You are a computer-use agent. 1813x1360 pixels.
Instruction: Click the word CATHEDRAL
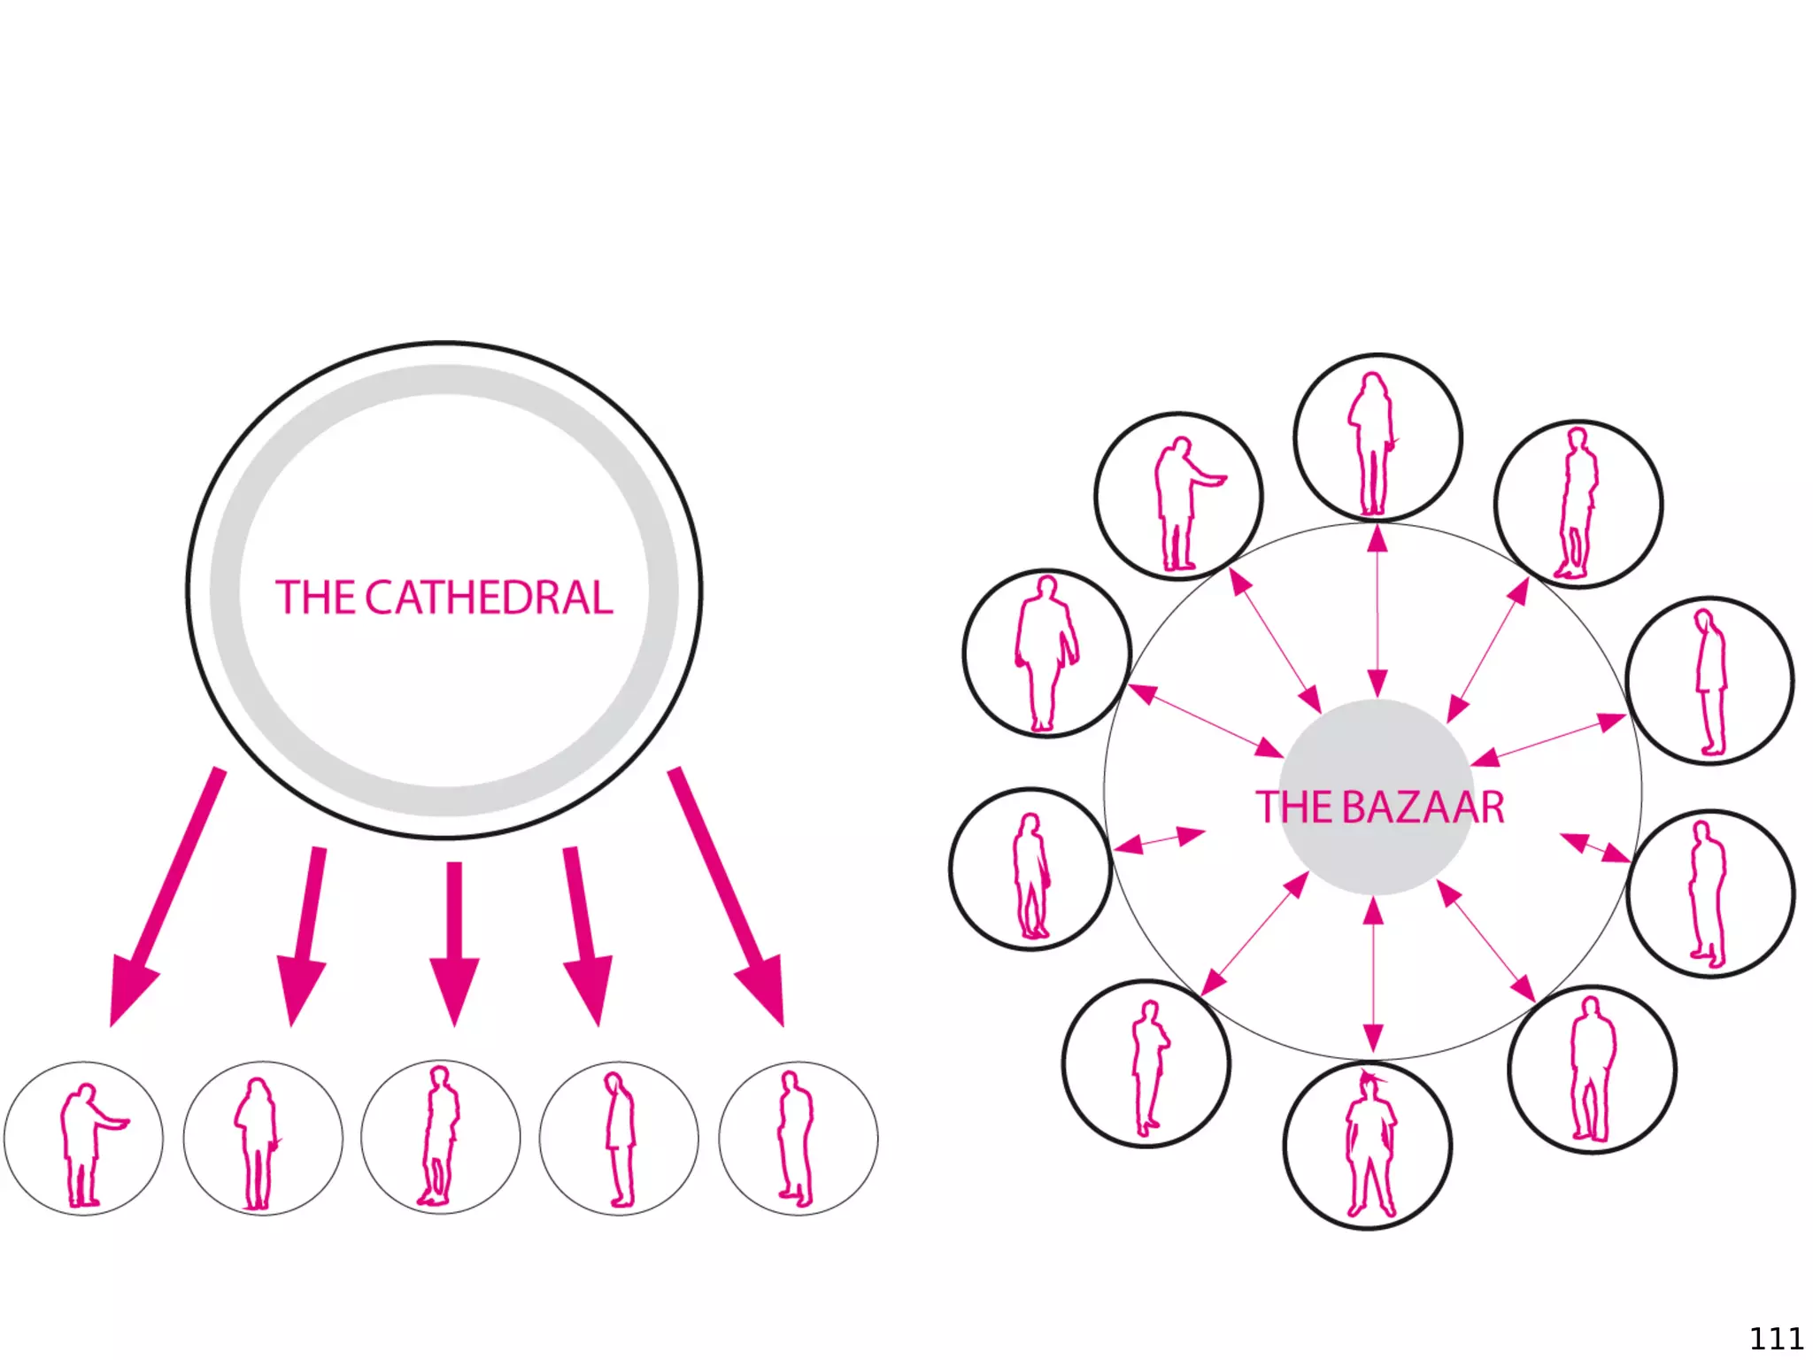click(489, 598)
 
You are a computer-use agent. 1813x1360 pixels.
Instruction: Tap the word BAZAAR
click(1423, 807)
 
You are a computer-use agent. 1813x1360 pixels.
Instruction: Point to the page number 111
click(1776, 1338)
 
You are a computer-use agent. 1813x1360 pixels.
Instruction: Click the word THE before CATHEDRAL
click(315, 598)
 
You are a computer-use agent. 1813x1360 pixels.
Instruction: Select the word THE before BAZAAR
click(1295, 807)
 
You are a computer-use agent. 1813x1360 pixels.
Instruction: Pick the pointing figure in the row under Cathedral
click(84, 1143)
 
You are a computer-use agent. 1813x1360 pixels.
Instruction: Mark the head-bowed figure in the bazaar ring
click(1710, 682)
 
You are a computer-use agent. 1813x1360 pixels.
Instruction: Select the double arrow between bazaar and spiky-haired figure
click(1373, 974)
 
